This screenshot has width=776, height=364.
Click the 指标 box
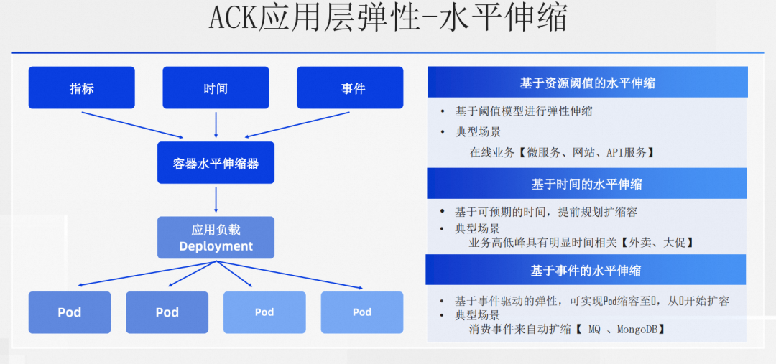click(x=81, y=88)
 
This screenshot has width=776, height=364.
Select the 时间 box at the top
click(x=216, y=88)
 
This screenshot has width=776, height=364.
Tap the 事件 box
click(x=353, y=88)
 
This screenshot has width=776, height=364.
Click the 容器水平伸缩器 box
click(x=216, y=163)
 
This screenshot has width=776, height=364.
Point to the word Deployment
click(x=216, y=246)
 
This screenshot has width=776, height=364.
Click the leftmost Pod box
click(x=70, y=312)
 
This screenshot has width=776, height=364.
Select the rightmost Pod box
click(x=362, y=312)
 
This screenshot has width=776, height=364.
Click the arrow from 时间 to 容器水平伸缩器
click(x=216, y=124)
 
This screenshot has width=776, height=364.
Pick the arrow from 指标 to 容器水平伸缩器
click(x=133, y=124)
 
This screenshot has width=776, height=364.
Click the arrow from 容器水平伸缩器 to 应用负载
click(x=216, y=199)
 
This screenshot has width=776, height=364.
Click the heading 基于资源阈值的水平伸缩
click(x=587, y=83)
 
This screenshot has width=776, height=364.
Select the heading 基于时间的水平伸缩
click(x=587, y=185)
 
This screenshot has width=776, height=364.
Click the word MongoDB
click(x=632, y=329)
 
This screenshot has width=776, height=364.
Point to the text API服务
click(x=627, y=152)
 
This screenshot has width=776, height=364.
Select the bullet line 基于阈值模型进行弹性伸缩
click(x=524, y=111)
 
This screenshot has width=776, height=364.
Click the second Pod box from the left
click(x=167, y=312)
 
